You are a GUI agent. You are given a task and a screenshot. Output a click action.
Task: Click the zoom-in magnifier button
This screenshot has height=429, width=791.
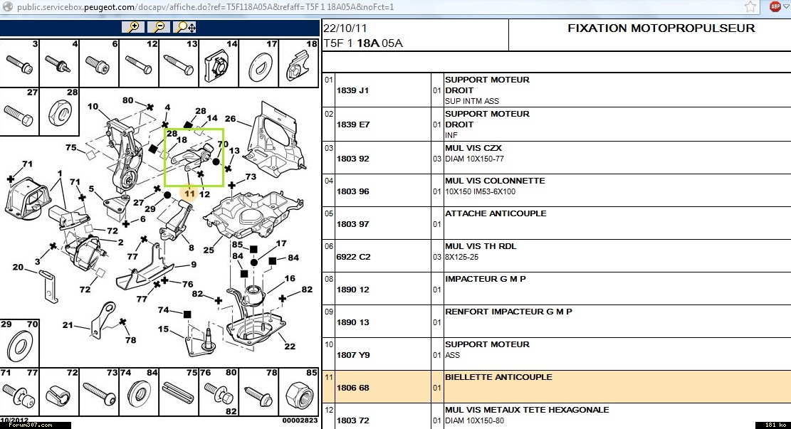point(132,27)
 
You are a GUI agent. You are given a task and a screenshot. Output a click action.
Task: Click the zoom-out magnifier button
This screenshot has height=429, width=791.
point(159,27)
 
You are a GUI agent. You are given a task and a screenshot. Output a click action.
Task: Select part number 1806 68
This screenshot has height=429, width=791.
point(352,388)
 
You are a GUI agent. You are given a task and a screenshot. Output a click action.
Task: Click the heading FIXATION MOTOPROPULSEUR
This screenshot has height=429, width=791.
point(661,28)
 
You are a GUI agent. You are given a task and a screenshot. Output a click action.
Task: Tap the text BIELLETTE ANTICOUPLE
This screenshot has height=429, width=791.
point(498,377)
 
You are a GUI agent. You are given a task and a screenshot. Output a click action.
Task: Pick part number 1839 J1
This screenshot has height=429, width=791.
point(353,90)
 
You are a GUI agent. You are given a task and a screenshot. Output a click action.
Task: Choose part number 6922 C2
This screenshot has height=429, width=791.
point(353,257)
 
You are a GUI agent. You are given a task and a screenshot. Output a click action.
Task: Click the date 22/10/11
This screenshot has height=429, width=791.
point(346,28)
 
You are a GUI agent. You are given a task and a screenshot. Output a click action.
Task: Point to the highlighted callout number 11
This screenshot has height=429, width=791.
point(189,192)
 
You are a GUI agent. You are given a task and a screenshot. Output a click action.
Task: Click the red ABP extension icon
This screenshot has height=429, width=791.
point(775,6)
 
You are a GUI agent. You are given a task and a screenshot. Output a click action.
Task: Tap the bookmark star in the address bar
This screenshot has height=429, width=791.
point(750,6)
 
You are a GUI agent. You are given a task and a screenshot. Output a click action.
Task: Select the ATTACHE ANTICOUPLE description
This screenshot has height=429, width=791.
point(496,213)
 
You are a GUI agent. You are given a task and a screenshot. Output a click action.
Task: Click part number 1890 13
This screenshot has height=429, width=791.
point(352,322)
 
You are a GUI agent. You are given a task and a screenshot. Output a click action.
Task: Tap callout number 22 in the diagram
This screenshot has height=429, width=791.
point(290,346)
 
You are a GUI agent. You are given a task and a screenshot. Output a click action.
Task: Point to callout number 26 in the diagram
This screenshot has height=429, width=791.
point(230,119)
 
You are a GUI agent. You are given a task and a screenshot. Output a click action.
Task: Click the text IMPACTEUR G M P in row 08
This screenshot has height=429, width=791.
point(485,279)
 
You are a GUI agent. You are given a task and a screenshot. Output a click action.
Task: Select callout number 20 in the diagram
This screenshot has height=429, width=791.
point(18,268)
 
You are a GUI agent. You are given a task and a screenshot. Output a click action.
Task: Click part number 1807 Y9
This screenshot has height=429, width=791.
point(353,355)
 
